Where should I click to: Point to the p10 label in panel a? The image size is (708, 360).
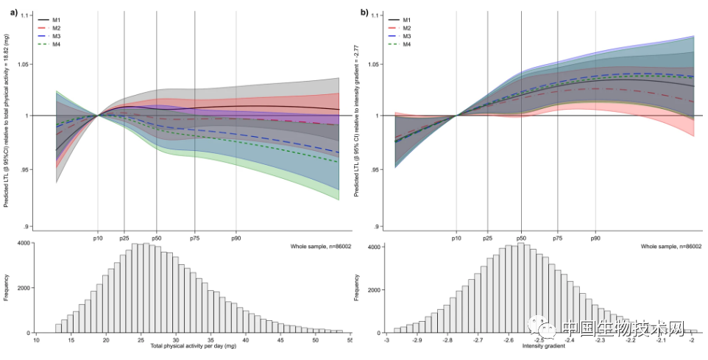point(98,239)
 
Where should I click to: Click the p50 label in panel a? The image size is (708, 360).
point(156,239)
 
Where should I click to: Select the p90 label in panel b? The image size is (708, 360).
point(595,239)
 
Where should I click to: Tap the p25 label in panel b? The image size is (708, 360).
point(487,239)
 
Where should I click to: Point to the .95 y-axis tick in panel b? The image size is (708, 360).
point(377,170)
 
